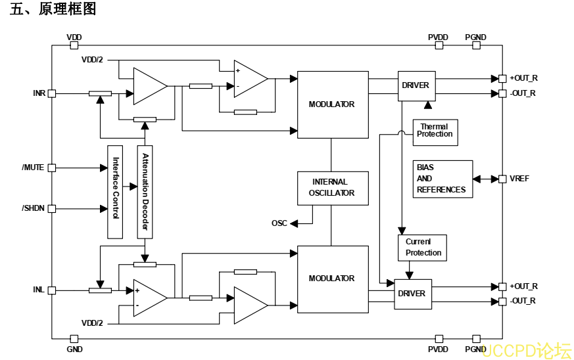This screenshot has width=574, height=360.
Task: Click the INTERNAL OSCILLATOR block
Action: pyautogui.click(x=332, y=188)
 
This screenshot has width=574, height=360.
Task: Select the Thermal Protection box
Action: pyautogui.click(x=435, y=131)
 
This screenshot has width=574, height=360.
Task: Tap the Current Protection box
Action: pyautogui.click(x=422, y=248)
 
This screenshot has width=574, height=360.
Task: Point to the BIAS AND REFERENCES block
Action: pyautogui.click(x=442, y=179)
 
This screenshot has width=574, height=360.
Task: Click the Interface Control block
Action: pyautogui.click(x=115, y=192)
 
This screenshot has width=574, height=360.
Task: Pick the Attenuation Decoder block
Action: pyautogui.click(x=145, y=192)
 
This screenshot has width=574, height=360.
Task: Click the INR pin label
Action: pyautogui.click(x=39, y=93)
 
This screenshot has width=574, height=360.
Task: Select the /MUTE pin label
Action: pyautogui.click(x=33, y=168)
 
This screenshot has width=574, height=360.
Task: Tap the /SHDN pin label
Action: pyautogui.click(x=33, y=208)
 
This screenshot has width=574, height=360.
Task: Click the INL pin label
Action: pyautogui.click(x=39, y=290)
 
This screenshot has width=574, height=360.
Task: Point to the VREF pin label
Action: pyautogui.click(x=519, y=179)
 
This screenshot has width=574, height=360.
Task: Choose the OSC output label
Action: pyautogui.click(x=279, y=223)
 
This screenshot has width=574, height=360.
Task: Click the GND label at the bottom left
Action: pyautogui.click(x=74, y=349)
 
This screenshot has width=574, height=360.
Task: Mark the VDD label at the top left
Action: pyautogui.click(x=74, y=37)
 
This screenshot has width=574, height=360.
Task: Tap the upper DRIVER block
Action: pyautogui.click(x=416, y=85)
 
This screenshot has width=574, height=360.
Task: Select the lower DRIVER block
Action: pyautogui.click(x=412, y=294)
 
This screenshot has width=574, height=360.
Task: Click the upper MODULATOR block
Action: pyautogui.click(x=332, y=104)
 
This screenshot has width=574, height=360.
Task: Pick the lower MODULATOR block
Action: pyautogui.click(x=332, y=279)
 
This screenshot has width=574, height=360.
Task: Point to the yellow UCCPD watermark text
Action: pyautogui.click(x=526, y=351)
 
